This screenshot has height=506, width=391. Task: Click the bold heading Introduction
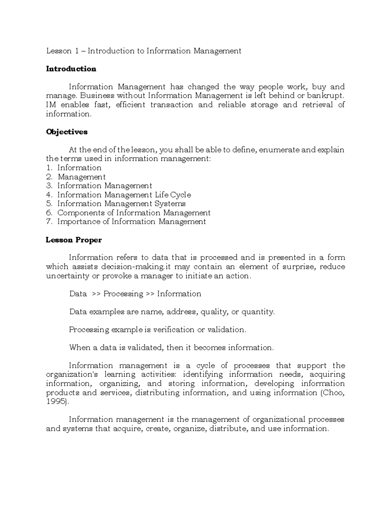click(71, 69)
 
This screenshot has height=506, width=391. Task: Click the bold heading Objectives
click(67, 132)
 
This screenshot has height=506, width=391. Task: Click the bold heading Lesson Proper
click(74, 240)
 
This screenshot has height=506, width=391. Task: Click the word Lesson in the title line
click(59, 51)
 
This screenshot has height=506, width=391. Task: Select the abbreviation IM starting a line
click(51, 105)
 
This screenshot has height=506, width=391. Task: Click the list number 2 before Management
click(49, 177)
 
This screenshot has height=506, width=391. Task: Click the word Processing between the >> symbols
click(123, 294)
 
